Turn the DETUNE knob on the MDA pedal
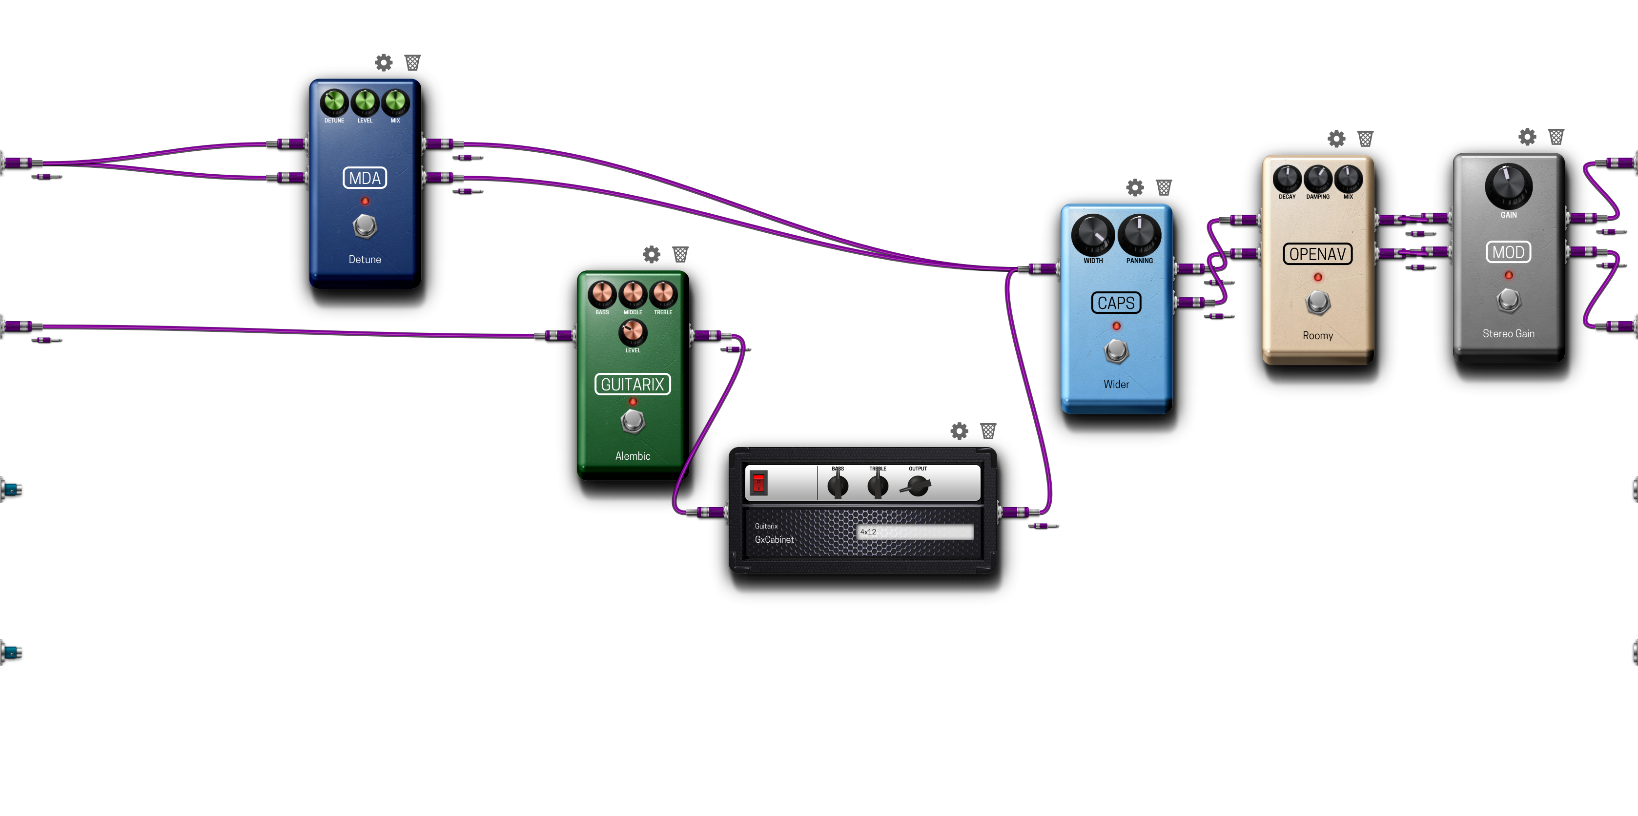tap(334, 102)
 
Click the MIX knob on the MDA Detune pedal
tap(395, 102)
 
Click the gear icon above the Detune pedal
tap(384, 62)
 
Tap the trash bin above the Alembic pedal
tap(680, 254)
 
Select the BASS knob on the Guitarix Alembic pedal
tap(601, 294)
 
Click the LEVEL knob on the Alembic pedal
tap(633, 332)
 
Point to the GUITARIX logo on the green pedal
tap(633, 384)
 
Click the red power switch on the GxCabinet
tap(758, 483)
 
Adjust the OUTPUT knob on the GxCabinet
tap(918, 487)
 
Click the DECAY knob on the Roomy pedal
tap(1287, 179)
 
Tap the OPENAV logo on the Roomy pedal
tap(1317, 254)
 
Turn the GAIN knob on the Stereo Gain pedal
tap(1508, 186)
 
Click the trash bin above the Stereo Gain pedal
tap(1556, 137)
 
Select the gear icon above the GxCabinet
tap(960, 431)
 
